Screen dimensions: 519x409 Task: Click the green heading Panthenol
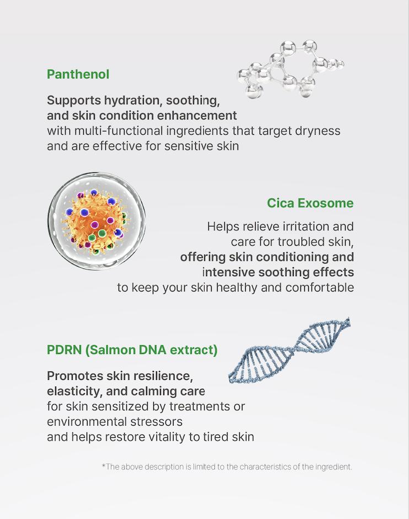[78, 74]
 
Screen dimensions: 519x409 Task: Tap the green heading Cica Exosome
[310, 203]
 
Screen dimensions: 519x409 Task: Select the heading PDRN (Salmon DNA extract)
[132, 349]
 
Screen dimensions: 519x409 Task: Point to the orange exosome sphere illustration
[96, 221]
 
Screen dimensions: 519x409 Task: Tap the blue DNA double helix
[290, 351]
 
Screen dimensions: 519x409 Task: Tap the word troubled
[302, 242]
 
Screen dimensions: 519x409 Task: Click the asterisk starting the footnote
[104, 467]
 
